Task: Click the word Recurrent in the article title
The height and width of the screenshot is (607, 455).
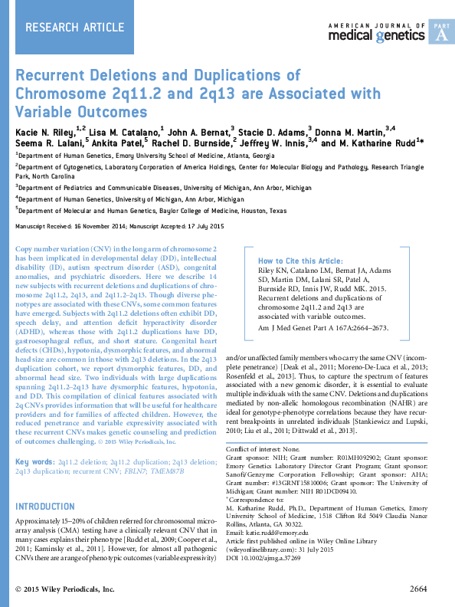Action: coord(53,76)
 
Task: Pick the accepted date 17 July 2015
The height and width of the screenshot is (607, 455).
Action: coord(198,227)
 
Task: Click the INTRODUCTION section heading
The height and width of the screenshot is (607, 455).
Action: coord(45,485)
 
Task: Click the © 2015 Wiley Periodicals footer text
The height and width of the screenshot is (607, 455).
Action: coord(65,589)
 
